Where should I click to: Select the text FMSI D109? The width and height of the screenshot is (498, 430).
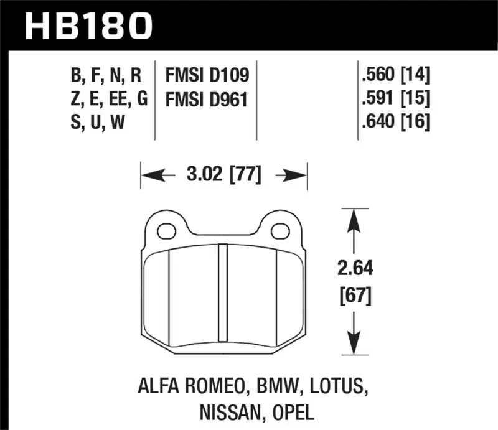click(207, 77)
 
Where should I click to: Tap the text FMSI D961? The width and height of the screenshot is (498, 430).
click(207, 100)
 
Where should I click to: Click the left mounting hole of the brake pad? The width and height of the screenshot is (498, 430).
click(165, 232)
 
